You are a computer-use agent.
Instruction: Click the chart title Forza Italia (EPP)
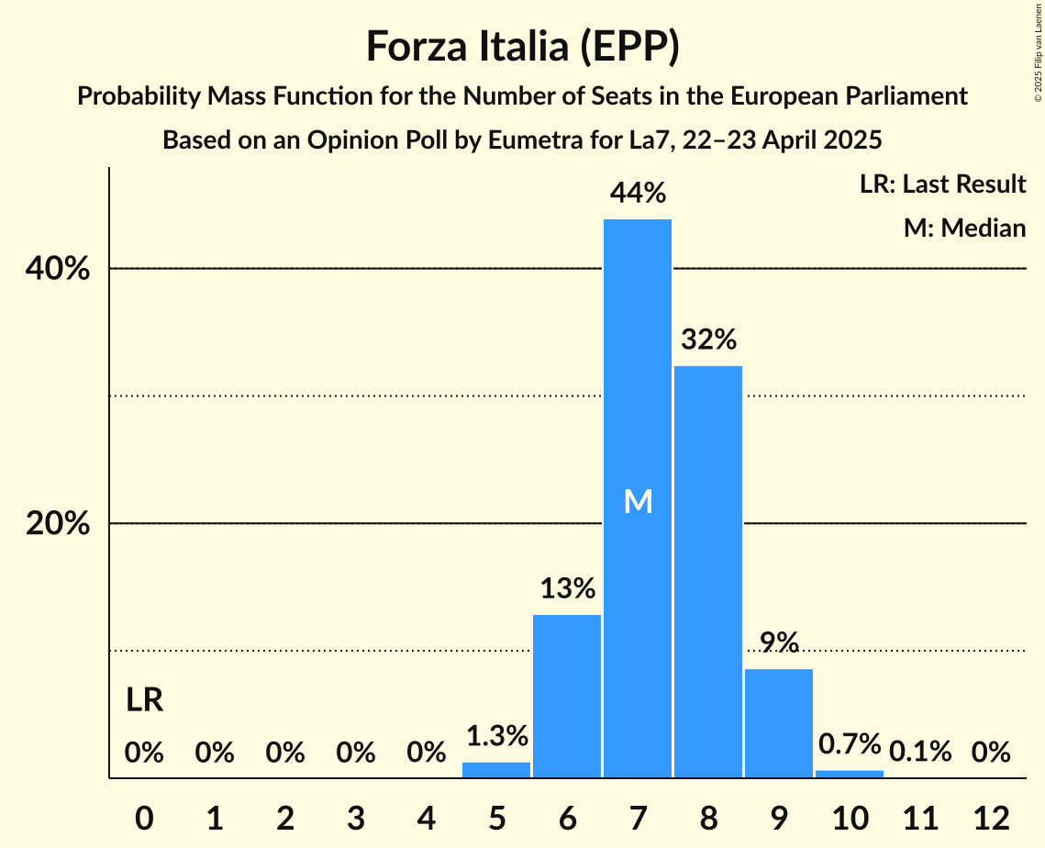[x=522, y=47]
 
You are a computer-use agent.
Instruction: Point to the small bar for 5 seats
[x=496, y=770]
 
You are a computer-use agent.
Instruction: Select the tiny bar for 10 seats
[x=850, y=774]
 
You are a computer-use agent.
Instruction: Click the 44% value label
[x=638, y=194]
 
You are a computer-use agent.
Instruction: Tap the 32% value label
[x=708, y=340]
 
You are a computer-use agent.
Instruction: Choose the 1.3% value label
[x=496, y=736]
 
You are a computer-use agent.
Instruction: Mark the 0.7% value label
[x=850, y=743]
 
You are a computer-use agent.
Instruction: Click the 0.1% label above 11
[x=920, y=753]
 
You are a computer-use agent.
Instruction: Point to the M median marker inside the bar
[x=638, y=501]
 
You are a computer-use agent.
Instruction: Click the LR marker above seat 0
[x=144, y=701]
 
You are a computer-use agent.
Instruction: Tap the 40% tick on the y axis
[x=56, y=270]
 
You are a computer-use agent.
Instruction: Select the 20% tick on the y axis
[x=56, y=524]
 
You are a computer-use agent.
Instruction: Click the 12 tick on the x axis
[x=991, y=816]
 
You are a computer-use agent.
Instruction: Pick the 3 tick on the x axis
[x=356, y=816]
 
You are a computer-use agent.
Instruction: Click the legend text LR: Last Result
[x=942, y=184]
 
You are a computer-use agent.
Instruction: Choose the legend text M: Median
[x=964, y=228]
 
